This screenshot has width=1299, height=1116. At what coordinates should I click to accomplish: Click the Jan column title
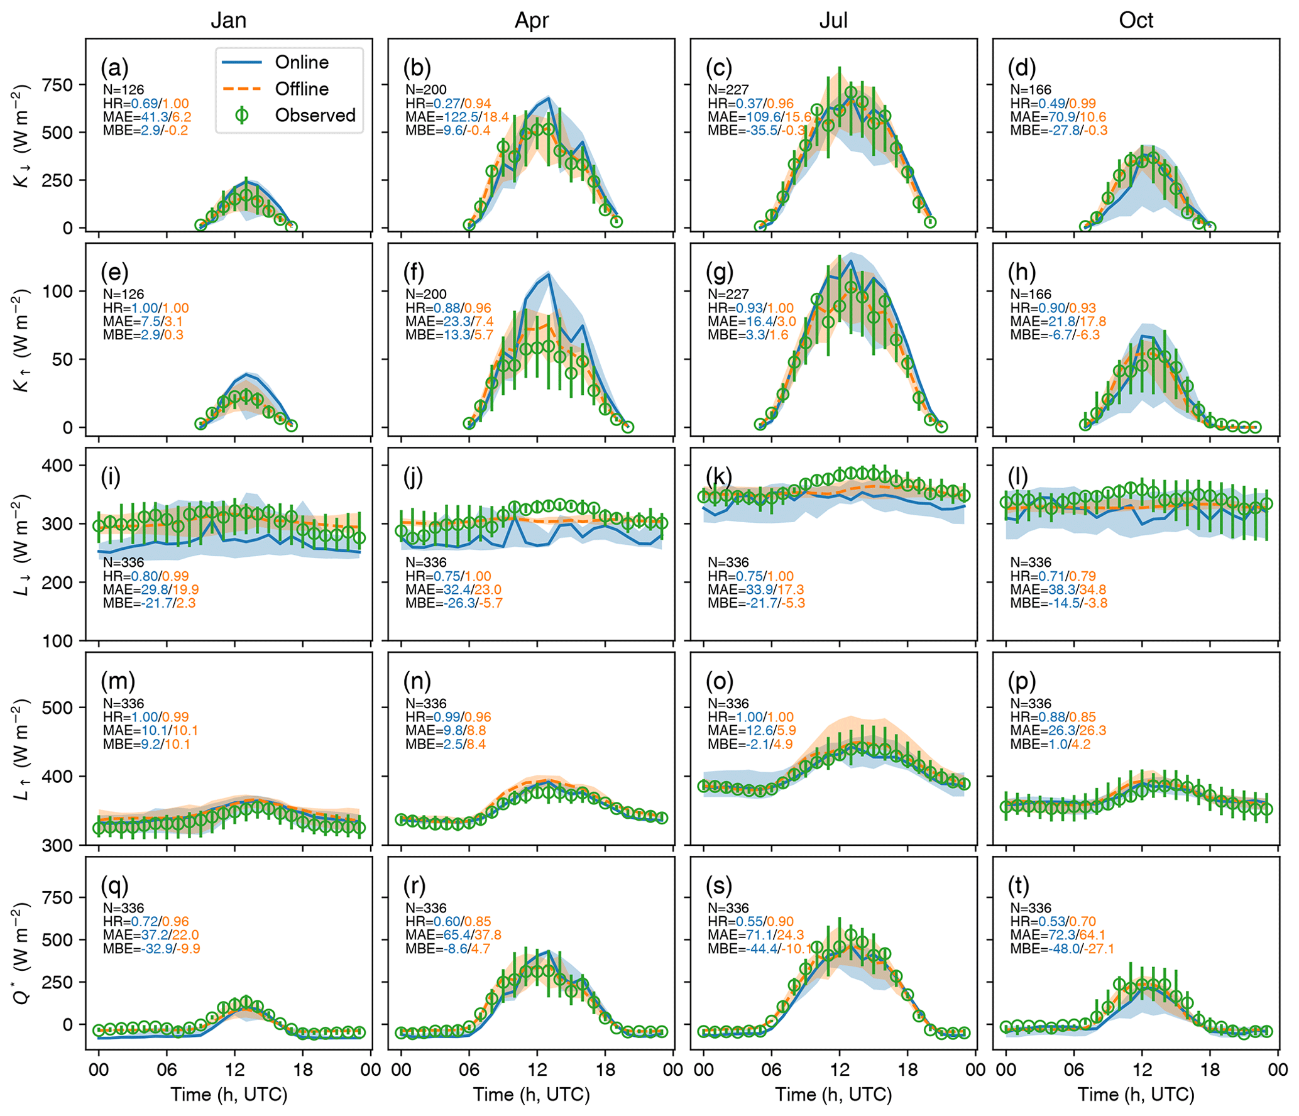coord(228,20)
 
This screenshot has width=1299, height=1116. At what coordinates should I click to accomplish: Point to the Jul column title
coord(833,20)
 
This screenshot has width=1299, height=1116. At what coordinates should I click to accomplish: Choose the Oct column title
coord(1136,20)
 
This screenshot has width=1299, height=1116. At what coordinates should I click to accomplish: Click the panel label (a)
coord(114,67)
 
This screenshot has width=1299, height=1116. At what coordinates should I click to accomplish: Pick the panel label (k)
coord(719,477)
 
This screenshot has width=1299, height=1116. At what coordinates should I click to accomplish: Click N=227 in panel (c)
coord(728,90)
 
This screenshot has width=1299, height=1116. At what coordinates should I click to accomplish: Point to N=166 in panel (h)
coord(1031,294)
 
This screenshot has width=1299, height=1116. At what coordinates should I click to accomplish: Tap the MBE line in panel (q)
coord(151,949)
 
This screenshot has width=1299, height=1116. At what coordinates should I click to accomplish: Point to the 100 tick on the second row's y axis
coord(58,291)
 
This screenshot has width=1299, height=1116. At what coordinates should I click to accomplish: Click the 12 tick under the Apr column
coord(537,1069)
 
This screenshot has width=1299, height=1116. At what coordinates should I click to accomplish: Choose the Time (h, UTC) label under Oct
coord(1136,1095)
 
